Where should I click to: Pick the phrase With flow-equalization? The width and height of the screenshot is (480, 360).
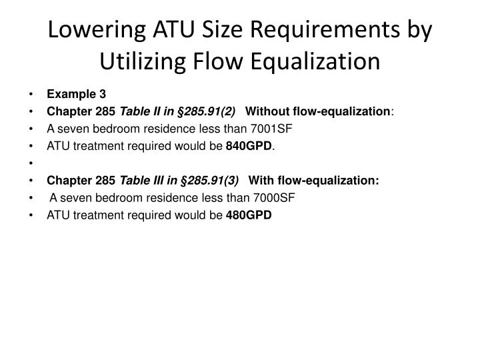(x=313, y=180)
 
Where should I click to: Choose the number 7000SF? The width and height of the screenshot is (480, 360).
(x=273, y=197)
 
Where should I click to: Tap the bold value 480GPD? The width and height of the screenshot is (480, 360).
(x=249, y=215)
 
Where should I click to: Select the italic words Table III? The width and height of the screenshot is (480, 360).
(x=135, y=180)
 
